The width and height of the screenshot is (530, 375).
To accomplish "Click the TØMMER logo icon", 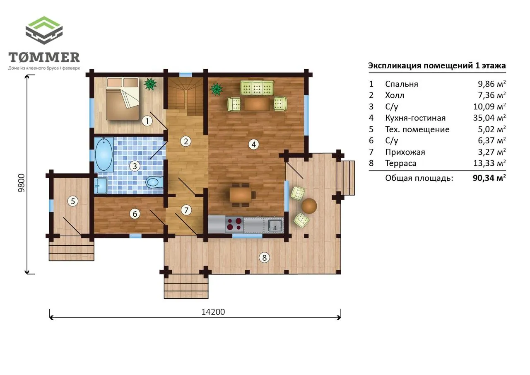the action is (x=44, y=30).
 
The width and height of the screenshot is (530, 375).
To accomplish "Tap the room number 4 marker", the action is (x=254, y=144).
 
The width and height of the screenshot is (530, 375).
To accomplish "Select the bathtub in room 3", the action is (x=104, y=155).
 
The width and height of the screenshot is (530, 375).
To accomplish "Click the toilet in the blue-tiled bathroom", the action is (x=154, y=182).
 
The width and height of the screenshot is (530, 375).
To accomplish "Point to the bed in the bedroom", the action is (x=122, y=99).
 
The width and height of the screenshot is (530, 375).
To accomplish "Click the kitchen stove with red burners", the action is (x=234, y=224).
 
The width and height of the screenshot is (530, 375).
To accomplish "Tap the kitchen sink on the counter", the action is (x=275, y=225).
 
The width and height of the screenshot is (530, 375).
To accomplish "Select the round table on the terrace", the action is (x=309, y=206).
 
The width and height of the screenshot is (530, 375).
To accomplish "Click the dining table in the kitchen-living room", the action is (x=241, y=195).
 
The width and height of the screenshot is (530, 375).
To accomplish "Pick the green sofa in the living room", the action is (x=257, y=87).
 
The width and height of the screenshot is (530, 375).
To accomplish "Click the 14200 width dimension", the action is (x=213, y=312).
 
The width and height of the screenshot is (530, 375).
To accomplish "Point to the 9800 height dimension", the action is (x=21, y=183).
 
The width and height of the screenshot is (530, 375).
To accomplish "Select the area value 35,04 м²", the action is (x=489, y=118).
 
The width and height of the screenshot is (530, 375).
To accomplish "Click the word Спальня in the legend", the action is (x=402, y=84).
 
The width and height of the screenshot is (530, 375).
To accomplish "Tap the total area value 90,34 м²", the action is (x=489, y=178).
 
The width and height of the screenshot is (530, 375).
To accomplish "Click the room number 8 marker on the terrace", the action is (x=264, y=258).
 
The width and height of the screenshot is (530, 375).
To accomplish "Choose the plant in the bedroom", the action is (x=150, y=84).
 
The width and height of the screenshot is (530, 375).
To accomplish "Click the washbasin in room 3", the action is (x=101, y=186).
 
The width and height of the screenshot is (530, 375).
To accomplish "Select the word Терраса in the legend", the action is (x=400, y=163).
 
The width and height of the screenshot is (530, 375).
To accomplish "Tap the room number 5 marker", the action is (x=73, y=201).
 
